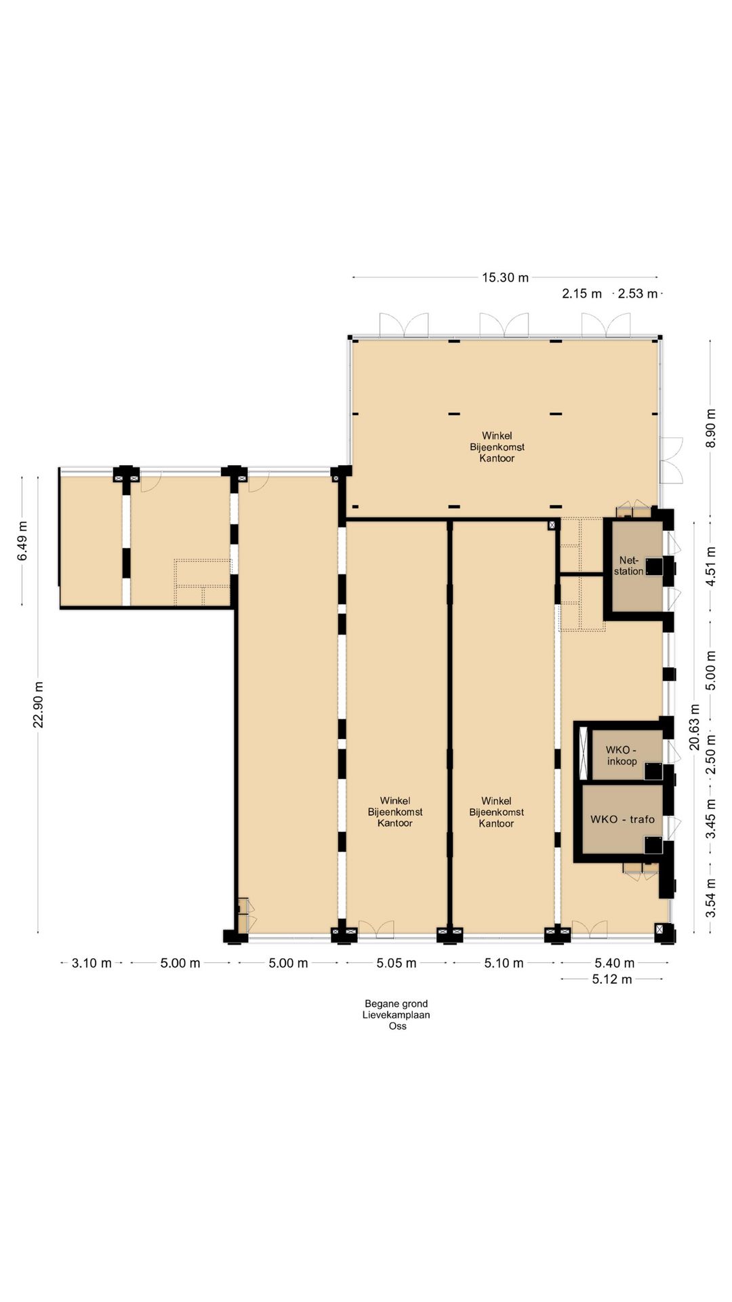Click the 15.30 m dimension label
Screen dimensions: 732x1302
[505, 277]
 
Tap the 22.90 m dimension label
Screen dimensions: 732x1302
[39, 705]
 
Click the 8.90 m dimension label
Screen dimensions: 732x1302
[710, 428]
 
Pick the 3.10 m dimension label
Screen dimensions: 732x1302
[91, 963]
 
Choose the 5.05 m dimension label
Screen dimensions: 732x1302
[396, 963]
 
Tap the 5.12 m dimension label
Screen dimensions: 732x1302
[612, 979]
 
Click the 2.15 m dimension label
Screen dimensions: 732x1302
[582, 294]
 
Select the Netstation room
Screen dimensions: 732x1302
[637, 566]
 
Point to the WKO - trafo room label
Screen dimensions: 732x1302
[622, 819]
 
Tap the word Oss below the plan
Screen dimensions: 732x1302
[397, 1026]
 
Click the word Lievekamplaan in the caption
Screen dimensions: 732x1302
[396, 1015]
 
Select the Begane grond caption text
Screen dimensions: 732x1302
[396, 1004]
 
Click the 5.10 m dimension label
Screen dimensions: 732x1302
[504, 963]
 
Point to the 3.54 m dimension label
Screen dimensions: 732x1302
[710, 898]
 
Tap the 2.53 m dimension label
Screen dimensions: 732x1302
[637, 294]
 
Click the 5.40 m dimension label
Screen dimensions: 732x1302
[615, 963]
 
